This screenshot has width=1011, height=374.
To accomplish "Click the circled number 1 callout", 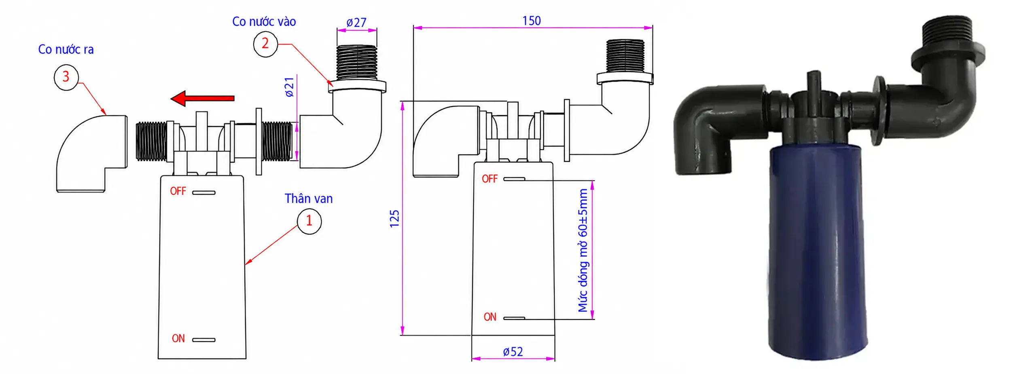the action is coord(309,221).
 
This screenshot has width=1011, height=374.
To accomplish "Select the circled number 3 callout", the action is coord(66,77).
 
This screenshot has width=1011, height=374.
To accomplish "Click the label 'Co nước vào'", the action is coord(264,21).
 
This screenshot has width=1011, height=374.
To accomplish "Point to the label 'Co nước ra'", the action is coord(66,49).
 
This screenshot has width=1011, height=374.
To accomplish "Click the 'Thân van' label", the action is coord(308,199).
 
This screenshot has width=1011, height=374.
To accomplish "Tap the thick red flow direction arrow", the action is coord(202,98).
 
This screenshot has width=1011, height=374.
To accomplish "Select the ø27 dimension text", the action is coord(356,22).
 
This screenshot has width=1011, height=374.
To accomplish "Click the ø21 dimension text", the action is coord(289,87).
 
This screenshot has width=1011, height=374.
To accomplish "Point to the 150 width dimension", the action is coord(532,21).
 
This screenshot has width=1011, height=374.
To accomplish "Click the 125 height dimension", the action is coord(394,219).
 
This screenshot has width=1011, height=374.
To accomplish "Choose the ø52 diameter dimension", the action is coord(513,352).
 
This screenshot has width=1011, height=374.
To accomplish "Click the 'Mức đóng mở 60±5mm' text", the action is coord(583,250).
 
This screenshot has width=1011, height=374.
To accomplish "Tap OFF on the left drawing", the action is coord(178,191).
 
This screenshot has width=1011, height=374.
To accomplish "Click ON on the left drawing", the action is coord(178,338).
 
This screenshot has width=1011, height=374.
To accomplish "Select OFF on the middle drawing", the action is coord(490,179).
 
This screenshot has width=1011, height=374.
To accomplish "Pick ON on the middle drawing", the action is coord(490,317).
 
